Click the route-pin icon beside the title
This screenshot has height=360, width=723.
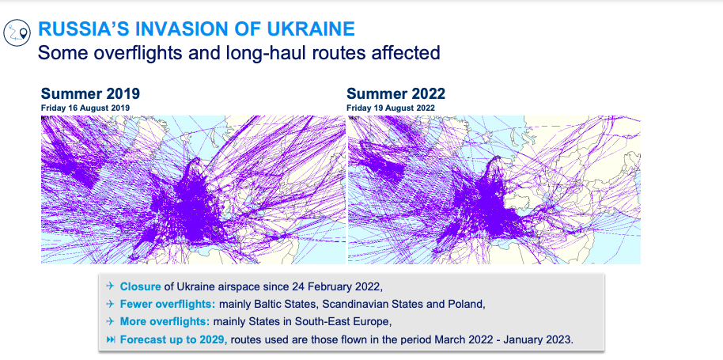click(x=17, y=32)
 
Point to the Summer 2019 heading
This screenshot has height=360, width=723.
click(x=90, y=93)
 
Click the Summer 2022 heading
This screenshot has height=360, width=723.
click(x=396, y=93)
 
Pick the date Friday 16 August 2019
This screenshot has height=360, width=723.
click(x=85, y=108)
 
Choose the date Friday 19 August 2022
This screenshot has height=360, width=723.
click(x=391, y=108)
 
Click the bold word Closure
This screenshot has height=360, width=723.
click(x=141, y=286)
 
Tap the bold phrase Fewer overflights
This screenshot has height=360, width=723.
click(x=168, y=305)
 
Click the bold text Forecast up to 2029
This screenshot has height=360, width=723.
click(x=174, y=340)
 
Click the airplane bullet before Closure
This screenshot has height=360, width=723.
click(x=110, y=286)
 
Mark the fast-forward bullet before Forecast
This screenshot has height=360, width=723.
click(x=110, y=340)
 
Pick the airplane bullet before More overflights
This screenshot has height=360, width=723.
click(x=110, y=322)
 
